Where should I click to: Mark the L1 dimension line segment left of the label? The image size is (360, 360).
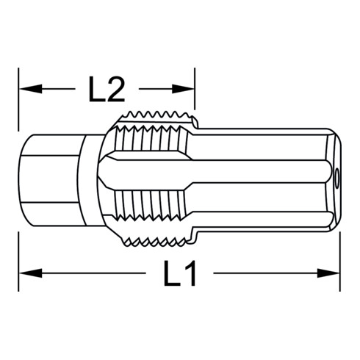coord(88,276)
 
